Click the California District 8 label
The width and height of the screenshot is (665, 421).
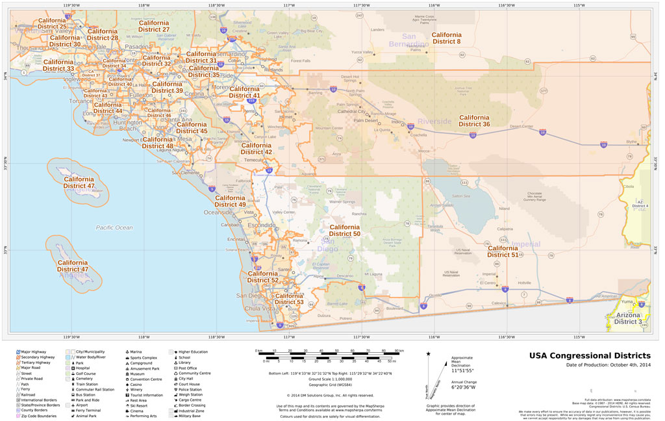pyautogui.click(x=446, y=38)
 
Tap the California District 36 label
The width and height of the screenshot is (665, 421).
pyautogui.click(x=474, y=121)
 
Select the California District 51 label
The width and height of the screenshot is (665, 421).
pyautogui.click(x=503, y=251)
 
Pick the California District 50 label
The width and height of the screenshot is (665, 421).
pyautogui.click(x=344, y=230)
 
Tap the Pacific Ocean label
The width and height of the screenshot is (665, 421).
pyautogui.click(x=114, y=227)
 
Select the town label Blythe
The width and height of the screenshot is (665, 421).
pyautogui.click(x=631, y=141)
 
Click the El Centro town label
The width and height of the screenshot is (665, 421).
pyautogui.click(x=488, y=283)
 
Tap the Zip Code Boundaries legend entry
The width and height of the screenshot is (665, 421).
pyautogui.click(x=38, y=416)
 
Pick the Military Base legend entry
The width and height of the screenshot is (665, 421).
pyautogui.click(x=189, y=416)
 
